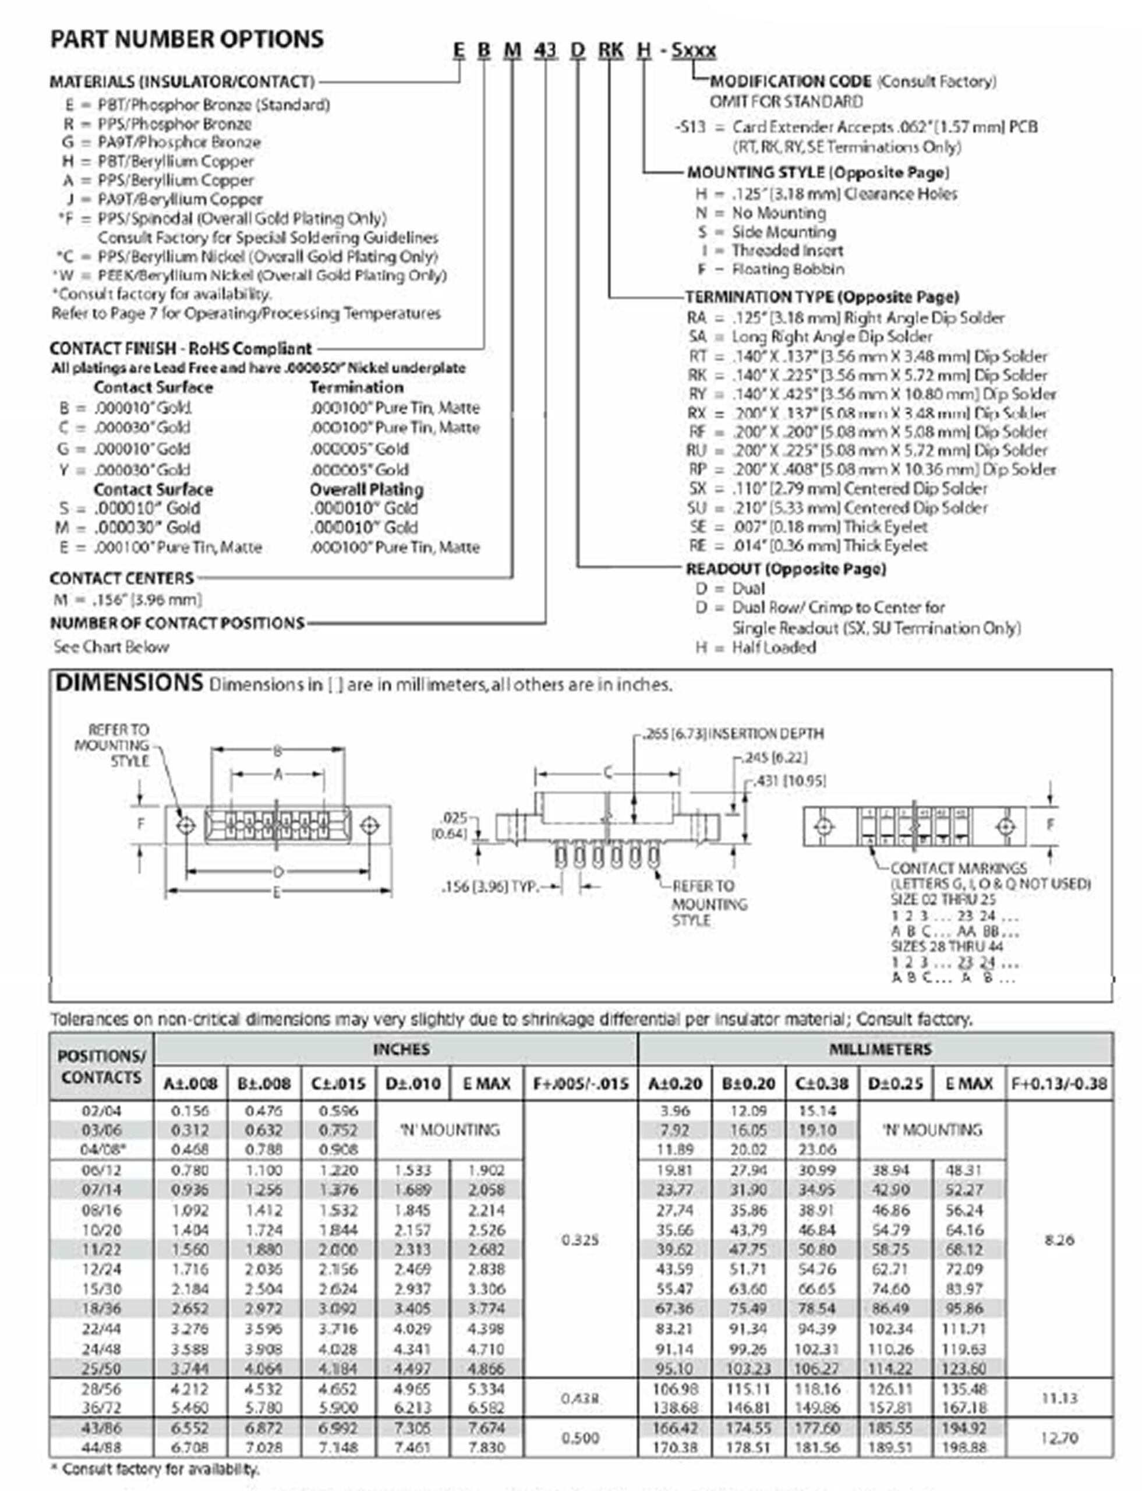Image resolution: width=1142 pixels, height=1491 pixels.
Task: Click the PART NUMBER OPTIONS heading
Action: [187, 39]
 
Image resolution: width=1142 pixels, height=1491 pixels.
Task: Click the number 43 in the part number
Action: [545, 50]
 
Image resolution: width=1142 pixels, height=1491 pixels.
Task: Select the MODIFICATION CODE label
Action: [790, 82]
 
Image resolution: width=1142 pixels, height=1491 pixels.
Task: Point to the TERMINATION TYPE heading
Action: [822, 297]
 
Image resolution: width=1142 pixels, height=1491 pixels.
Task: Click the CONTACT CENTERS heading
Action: [122, 578]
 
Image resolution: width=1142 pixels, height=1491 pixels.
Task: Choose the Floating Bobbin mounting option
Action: [788, 269]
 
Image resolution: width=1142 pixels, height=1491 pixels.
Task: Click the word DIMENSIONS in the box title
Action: [129, 683]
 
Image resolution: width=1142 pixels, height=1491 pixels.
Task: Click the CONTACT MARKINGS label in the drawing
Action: [958, 868]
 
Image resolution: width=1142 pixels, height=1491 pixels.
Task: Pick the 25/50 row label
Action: [101, 1368]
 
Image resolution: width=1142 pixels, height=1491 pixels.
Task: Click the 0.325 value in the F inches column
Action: [580, 1240]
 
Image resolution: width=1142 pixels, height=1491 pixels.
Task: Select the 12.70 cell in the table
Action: [1059, 1437]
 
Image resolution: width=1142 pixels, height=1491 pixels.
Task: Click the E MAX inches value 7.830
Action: [487, 1447]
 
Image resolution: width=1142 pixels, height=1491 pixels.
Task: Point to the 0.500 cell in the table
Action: [580, 1437]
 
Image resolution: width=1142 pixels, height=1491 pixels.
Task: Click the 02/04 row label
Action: [101, 1111]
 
